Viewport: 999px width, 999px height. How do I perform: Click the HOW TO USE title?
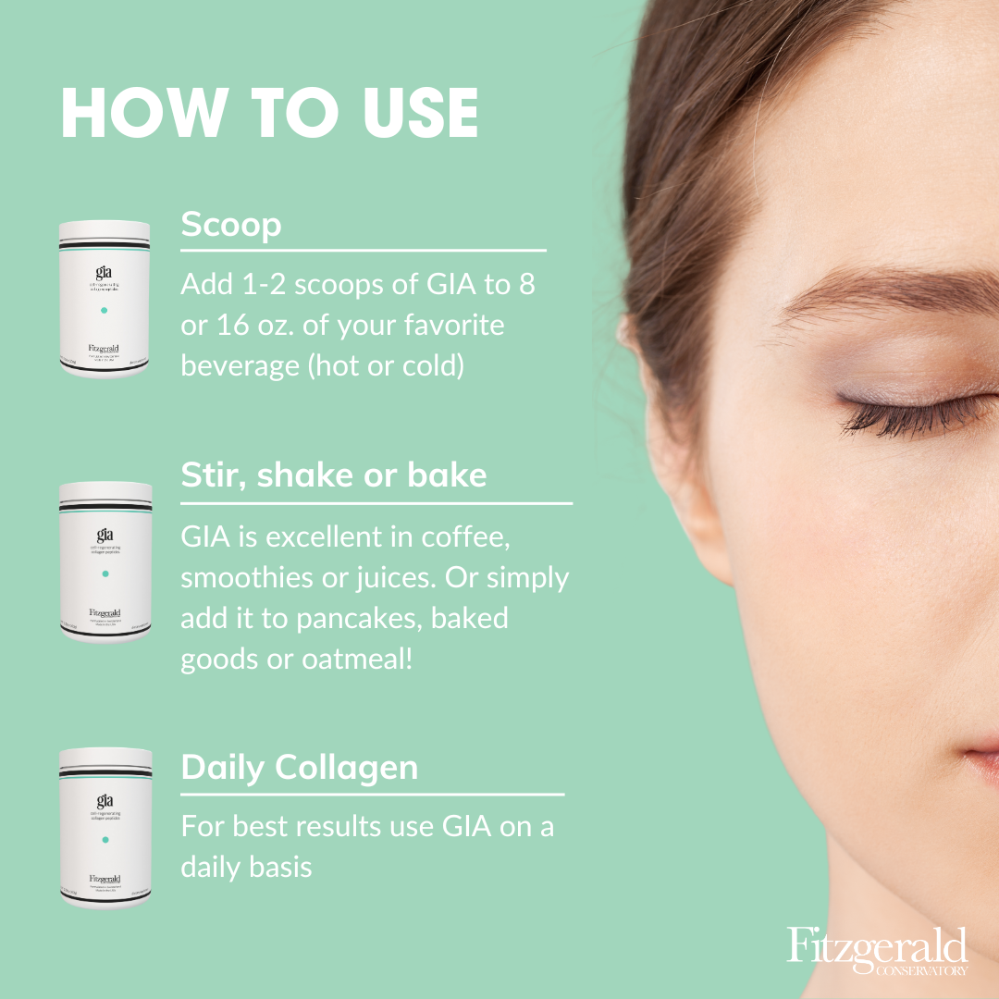269,114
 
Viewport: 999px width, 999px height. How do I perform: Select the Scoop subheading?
231,225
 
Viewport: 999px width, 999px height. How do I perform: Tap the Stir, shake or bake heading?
334,475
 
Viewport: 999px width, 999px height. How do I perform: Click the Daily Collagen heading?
300,767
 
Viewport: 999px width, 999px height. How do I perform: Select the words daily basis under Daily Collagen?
246,868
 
